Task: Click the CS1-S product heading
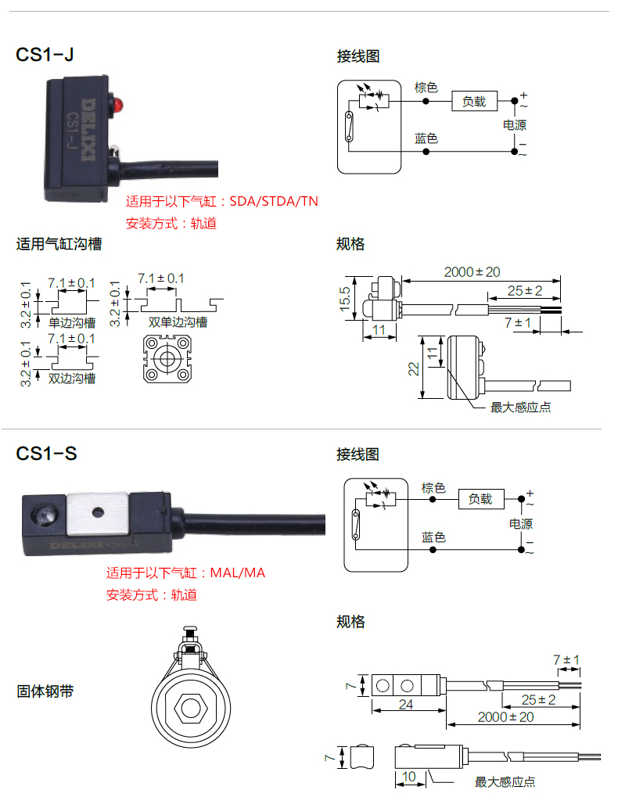point(46,453)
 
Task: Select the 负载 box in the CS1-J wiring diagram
point(474,101)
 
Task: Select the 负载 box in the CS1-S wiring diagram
point(480,499)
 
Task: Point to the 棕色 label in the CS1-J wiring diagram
point(426,87)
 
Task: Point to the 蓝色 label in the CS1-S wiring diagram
point(433,537)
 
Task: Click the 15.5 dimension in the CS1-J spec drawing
point(344,298)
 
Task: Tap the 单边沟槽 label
point(72,321)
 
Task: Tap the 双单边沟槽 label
point(178,321)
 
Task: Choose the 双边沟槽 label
point(72,378)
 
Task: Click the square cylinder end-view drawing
point(167,359)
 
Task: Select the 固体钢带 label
point(45,691)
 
